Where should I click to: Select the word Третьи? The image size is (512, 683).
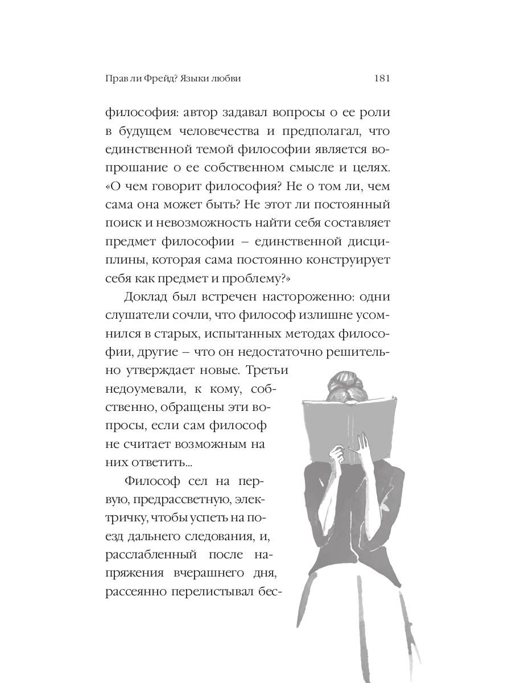tap(268, 370)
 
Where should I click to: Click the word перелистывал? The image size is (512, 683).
tap(213, 591)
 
